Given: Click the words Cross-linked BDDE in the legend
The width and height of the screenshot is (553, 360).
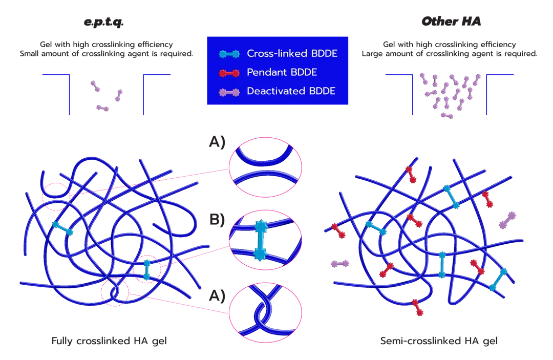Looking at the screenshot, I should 291,53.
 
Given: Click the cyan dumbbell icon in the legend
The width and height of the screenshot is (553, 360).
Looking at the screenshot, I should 228,53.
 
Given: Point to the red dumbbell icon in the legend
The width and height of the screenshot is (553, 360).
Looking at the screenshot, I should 228,73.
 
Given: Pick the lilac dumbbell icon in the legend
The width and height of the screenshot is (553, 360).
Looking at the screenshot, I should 228,92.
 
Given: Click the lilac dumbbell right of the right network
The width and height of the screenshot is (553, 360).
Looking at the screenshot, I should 507,220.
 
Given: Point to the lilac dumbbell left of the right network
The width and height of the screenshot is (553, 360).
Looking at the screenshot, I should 341,263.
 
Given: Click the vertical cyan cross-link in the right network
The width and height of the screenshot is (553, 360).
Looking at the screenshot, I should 442,264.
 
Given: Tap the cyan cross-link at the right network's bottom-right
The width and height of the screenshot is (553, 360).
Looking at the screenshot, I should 498,280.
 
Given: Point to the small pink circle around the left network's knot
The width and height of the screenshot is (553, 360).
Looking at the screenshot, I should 117,292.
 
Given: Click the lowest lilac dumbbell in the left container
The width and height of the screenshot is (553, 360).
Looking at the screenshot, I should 103,108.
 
